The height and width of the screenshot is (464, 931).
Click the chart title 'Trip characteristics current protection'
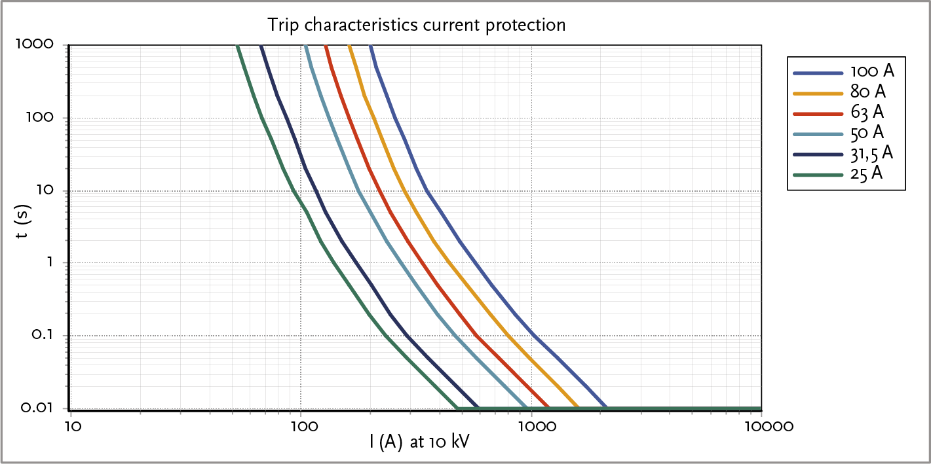(x=416, y=26)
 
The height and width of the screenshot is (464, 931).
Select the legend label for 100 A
(x=872, y=71)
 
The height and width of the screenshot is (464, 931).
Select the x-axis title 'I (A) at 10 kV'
(x=419, y=443)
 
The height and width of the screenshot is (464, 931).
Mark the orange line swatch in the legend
(x=818, y=92)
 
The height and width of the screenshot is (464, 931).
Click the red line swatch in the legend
(x=818, y=113)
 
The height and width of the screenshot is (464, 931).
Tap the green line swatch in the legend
(x=818, y=175)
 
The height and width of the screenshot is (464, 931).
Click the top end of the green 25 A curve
(x=238, y=46)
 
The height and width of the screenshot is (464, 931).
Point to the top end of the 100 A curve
(x=371, y=46)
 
